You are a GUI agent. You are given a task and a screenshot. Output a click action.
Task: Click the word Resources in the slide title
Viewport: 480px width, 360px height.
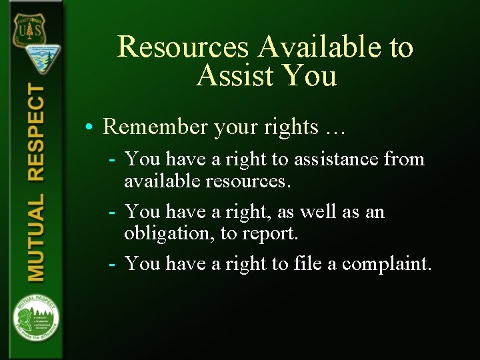tap(184, 47)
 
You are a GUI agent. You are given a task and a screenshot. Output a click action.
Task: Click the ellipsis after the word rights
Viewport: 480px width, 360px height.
tap(333, 128)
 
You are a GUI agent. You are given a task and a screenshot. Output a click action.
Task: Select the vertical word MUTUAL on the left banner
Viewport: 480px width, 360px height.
tap(36, 237)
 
